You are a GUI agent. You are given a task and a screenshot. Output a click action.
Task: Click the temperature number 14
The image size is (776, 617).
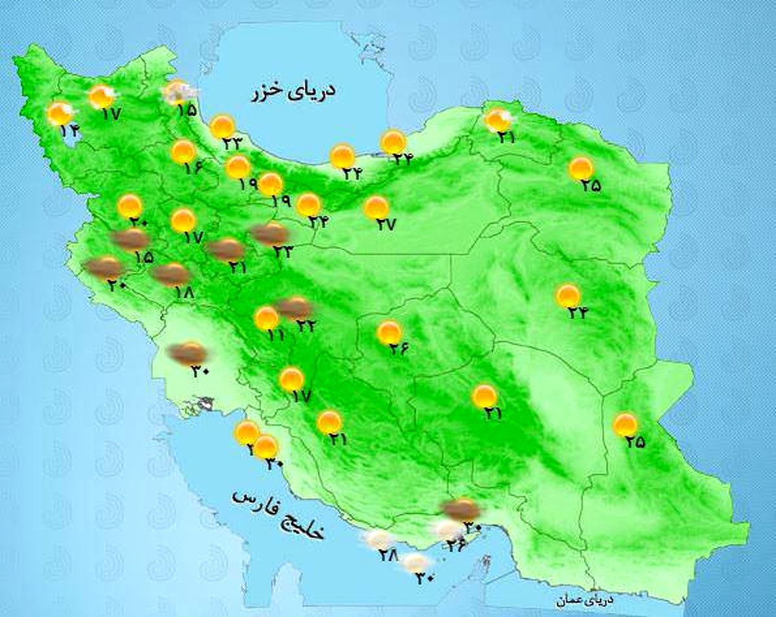pos(69,131)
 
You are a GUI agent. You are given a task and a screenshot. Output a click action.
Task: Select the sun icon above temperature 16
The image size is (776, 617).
pos(184,152)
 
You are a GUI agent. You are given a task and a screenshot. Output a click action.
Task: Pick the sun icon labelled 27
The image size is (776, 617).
pos(376,207)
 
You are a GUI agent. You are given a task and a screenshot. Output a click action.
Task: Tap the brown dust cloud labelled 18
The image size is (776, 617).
pos(171,274)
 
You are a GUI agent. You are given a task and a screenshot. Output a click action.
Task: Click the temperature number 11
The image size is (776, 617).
pos(275,335)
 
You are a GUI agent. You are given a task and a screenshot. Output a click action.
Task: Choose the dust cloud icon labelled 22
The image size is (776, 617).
pos(294,308)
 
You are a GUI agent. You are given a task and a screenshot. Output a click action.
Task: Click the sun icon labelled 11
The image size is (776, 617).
pos(266,318)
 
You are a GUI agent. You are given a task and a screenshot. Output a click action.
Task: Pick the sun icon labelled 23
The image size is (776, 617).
pos(223,127)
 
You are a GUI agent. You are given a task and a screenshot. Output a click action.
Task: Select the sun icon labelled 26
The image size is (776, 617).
pos(389,333)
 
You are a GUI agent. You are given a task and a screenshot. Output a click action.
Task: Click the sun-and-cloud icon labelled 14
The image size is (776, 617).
pos(61,114)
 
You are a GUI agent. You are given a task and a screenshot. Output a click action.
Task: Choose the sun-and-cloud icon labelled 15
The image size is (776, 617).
pos(178,93)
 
